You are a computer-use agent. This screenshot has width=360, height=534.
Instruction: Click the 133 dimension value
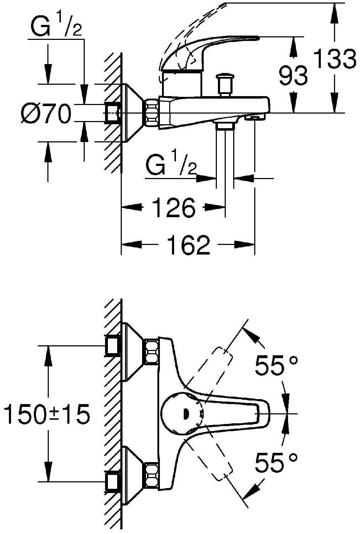coord(335,59)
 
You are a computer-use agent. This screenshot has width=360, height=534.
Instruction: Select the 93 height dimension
coord(293,76)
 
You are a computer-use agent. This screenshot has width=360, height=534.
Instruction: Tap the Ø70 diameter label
coord(46,113)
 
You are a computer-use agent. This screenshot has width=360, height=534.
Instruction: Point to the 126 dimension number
coord(173,208)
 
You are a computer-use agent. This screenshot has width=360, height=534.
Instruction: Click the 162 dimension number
coord(188,245)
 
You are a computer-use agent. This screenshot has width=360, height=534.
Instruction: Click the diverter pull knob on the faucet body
coord(225,85)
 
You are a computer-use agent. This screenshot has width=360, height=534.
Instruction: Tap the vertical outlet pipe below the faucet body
coord(225,158)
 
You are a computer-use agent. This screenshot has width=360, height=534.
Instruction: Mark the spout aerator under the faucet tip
coord(255,117)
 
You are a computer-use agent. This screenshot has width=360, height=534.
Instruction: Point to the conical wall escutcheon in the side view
coord(132,113)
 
